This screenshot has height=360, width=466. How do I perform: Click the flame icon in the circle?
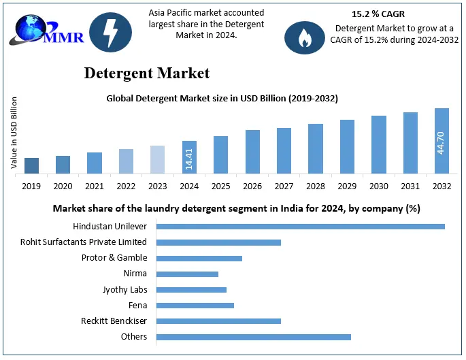point(305,38)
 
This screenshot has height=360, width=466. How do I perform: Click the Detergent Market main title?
point(147,73)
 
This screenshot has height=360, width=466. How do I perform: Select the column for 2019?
point(31,166)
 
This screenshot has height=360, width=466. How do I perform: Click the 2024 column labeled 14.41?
point(189,157)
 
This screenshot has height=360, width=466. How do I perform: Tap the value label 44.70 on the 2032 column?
point(441,142)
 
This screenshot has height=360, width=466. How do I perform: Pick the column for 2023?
point(157,160)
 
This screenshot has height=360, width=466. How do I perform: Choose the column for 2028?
point(315,149)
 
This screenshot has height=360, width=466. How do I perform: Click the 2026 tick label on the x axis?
point(252,185)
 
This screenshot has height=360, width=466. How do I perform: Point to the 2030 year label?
point(378,185)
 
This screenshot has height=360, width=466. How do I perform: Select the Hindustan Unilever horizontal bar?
point(300,226)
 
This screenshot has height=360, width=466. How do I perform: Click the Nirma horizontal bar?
point(187,274)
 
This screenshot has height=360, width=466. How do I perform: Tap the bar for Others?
point(253,337)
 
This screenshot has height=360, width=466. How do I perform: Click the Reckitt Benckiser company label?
point(114,321)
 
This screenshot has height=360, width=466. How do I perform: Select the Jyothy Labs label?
point(124,289)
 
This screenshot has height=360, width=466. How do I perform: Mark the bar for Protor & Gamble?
point(199,258)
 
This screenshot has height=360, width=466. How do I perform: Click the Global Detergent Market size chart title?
point(222,98)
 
